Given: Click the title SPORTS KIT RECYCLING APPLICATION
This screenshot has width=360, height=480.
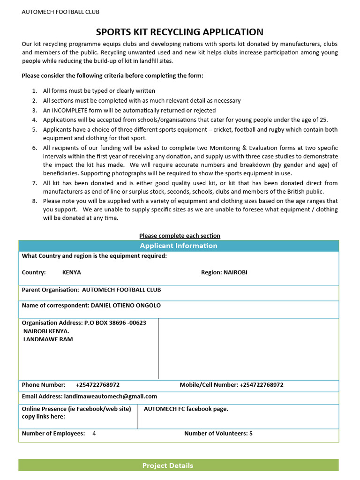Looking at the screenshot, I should [x=180, y=32].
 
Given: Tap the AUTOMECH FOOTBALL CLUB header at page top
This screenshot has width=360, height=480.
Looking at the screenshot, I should [x=60, y=12].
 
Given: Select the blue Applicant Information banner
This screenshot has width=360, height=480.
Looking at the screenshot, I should [x=179, y=246].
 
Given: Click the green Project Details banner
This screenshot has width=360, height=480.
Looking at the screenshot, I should [x=179, y=465].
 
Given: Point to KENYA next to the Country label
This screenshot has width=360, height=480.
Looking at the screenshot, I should [x=72, y=272].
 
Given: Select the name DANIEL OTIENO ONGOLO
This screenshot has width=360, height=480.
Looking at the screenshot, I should [x=126, y=305].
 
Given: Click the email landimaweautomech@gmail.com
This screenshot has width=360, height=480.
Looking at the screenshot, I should [x=111, y=397].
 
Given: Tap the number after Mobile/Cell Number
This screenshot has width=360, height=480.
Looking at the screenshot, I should [x=261, y=385].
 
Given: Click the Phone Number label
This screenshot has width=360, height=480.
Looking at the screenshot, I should [x=44, y=385].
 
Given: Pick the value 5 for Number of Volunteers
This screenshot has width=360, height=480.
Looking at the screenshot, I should [x=251, y=434].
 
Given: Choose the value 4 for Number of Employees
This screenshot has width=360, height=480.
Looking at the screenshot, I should [x=94, y=434].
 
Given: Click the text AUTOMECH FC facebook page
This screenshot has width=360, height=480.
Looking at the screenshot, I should [x=186, y=409].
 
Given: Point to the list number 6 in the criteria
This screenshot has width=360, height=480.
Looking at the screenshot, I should [x=35, y=148].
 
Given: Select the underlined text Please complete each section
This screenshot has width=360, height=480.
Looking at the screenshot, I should [x=180, y=236].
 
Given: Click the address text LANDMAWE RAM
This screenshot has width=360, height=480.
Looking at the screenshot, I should [x=48, y=339].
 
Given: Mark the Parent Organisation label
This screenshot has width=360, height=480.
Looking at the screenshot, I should [x=51, y=290].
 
